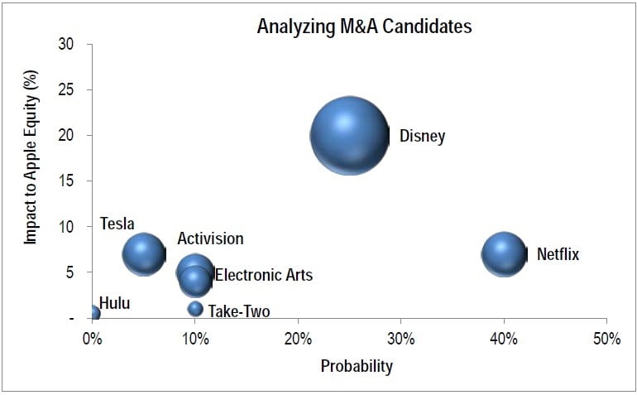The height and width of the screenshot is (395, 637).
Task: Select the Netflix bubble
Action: (x=504, y=253)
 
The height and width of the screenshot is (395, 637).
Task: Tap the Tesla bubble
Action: (x=144, y=253)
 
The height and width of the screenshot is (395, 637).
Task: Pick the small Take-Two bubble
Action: (x=195, y=309)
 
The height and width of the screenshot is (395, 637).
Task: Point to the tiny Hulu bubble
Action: (x=93, y=313)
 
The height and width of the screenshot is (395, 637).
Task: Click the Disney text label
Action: (x=422, y=136)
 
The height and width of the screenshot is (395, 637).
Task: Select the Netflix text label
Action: (x=558, y=254)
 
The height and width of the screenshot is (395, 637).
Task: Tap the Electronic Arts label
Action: (x=264, y=275)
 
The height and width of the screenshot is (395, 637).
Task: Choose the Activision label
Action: (x=210, y=239)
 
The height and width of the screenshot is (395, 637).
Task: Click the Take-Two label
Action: (x=238, y=312)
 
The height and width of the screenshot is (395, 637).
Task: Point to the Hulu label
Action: (x=114, y=304)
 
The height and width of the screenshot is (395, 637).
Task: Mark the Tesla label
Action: (x=117, y=224)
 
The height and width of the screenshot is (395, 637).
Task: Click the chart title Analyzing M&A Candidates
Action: (x=364, y=26)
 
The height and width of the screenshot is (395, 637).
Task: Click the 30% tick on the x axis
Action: (x=400, y=339)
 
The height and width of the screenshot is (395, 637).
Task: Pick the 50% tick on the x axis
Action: (x=606, y=339)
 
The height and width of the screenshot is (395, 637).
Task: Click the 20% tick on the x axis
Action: (x=298, y=339)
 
